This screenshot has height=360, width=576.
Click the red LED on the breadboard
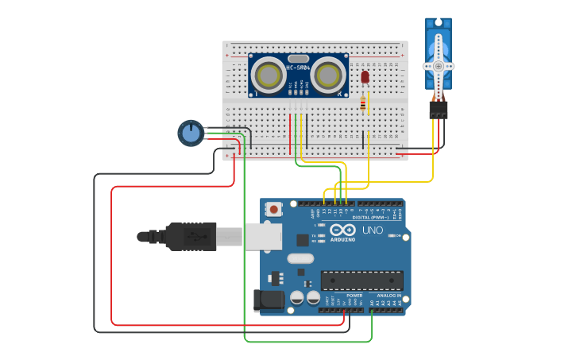[365, 77]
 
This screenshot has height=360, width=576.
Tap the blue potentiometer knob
[190, 133]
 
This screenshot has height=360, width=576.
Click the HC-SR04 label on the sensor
[298, 68]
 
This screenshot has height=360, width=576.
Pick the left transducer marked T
[268, 75]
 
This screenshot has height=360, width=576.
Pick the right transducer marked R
[328, 75]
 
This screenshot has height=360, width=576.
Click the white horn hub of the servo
[438, 66]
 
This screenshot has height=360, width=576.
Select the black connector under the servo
[438, 110]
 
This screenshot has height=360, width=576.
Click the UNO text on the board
[373, 230]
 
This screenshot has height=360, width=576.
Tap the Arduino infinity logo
[343, 230]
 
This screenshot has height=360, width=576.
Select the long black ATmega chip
[361, 280]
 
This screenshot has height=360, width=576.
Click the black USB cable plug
[191, 236]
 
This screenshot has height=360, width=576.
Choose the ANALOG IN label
[389, 296]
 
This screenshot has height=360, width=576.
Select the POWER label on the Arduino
[354, 296]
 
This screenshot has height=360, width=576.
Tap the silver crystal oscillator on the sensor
[298, 58]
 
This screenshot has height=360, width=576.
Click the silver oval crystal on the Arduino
[300, 257]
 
